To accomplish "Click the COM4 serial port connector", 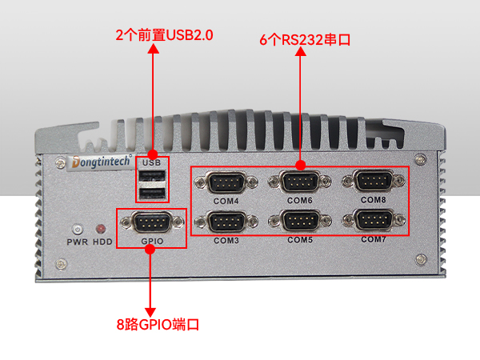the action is pyautogui.click(x=226, y=182).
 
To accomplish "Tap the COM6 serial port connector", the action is pyautogui.click(x=300, y=182).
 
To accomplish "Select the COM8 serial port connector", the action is pyautogui.click(x=374, y=181).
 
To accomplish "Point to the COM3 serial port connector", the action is pyautogui.click(x=226, y=222).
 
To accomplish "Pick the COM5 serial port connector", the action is pyautogui.click(x=300, y=221).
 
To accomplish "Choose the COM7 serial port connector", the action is pyautogui.click(x=374, y=220).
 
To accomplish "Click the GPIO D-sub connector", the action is pyautogui.click(x=152, y=222).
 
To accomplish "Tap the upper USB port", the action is pyautogui.click(x=152, y=176).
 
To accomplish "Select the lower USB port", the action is pyautogui.click(x=152, y=194).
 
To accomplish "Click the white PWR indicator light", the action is pyautogui.click(x=78, y=229).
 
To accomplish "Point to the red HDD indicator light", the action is pyautogui.click(x=101, y=229).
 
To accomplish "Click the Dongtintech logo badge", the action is pyautogui.click(x=101, y=162).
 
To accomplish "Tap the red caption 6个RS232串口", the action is pyautogui.click(x=305, y=40).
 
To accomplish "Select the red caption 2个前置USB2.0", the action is pyautogui.click(x=164, y=35).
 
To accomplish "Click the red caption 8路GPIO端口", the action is pyautogui.click(x=158, y=325).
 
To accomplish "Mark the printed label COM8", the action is pyautogui.click(x=373, y=200).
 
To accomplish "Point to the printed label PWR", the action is pyautogui.click(x=78, y=242).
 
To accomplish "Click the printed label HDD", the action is pyautogui.click(x=102, y=242).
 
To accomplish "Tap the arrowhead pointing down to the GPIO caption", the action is pyautogui.click(x=150, y=312).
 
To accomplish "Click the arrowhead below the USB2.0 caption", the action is pyautogui.click(x=153, y=49).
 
